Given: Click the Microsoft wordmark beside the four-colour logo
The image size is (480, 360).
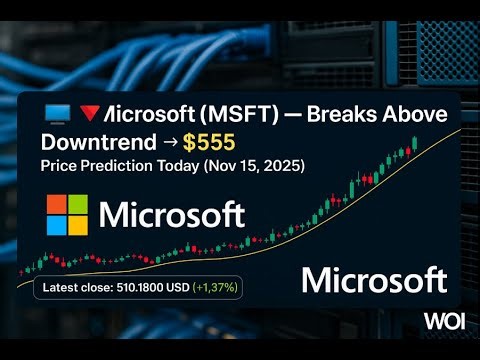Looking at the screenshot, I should click(172, 215).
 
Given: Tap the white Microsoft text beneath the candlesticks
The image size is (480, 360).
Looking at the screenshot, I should click(374, 279).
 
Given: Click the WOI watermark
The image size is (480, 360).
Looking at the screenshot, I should click(445, 321).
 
